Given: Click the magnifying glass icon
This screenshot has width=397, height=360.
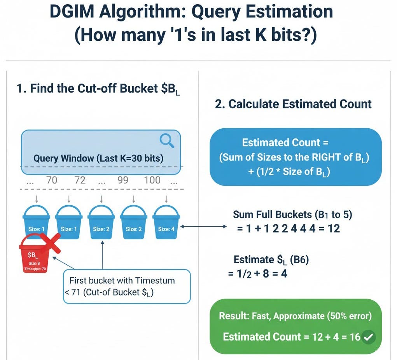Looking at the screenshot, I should pyautogui.click(x=167, y=140).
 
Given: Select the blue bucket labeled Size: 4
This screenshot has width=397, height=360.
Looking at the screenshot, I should pyautogui.click(x=166, y=223).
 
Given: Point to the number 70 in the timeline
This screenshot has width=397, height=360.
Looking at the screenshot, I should pyautogui.click(x=52, y=180).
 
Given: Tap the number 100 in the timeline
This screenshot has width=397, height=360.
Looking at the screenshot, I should pyautogui.click(x=152, y=180).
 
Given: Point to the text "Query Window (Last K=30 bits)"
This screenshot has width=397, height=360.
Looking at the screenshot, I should pyautogui.click(x=98, y=159).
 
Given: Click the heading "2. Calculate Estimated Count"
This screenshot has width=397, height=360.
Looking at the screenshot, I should pyautogui.click(x=294, y=104).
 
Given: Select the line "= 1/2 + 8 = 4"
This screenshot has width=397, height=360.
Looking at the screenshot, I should pyautogui.click(x=257, y=274).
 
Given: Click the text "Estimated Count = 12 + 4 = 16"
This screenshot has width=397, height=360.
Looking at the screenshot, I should pyautogui.click(x=292, y=337).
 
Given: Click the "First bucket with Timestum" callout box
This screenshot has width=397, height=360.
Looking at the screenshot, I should pyautogui.click(x=127, y=286).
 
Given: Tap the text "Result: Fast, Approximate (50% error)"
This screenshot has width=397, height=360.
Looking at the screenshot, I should pyautogui.click(x=296, y=316).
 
